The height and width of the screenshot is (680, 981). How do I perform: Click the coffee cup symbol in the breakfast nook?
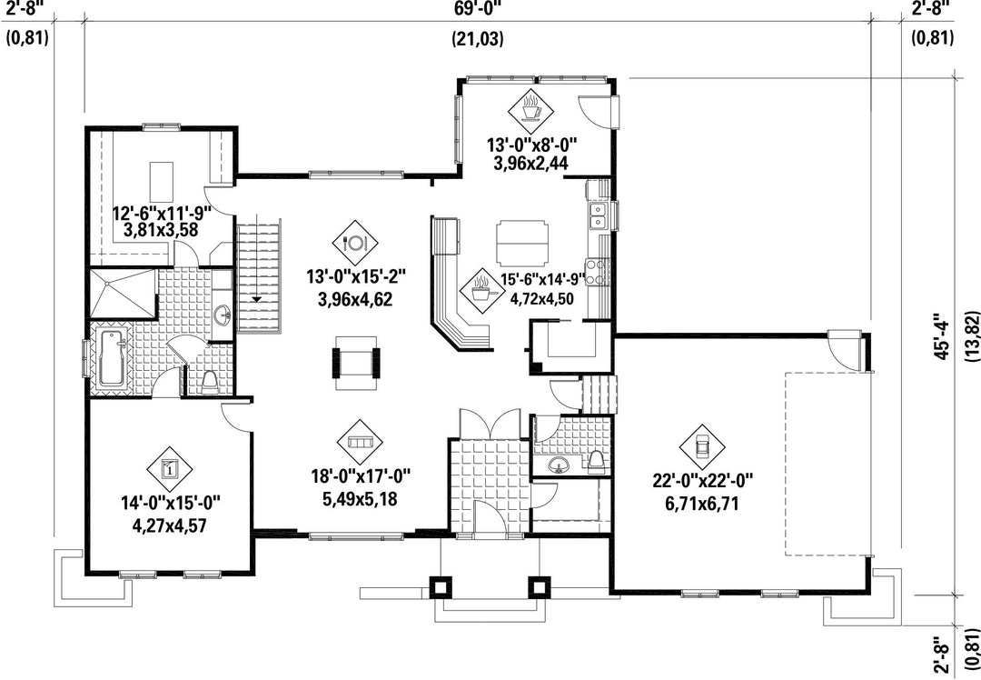[530, 107]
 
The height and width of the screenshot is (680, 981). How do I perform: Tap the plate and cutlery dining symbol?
[354, 242]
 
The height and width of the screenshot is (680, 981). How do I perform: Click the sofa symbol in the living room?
[360, 442]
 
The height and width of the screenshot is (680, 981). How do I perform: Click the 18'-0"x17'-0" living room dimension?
[361, 478]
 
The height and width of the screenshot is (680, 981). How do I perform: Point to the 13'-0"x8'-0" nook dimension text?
[531, 145]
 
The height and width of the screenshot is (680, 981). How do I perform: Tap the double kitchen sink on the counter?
[599, 214]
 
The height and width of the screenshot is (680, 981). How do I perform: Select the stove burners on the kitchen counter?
[598, 271]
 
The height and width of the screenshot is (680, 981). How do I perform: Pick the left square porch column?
[441, 586]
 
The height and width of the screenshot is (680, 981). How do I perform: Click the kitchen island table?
[522, 244]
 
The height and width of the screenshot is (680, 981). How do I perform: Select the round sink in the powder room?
[560, 465]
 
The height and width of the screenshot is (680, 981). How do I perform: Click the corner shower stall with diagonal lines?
[123, 293]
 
